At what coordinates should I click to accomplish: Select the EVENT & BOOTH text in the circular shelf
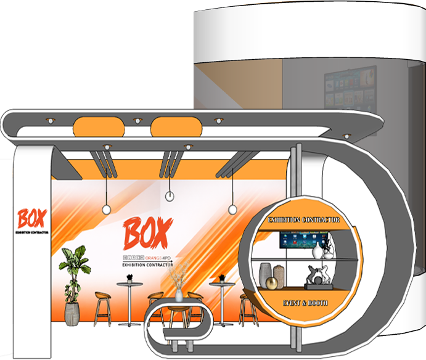tap(305, 303)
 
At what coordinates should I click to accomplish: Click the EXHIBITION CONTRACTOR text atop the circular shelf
tap(305, 220)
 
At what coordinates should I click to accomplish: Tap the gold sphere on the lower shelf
tap(272, 282)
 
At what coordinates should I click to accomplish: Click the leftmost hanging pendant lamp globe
tap(106, 210)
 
